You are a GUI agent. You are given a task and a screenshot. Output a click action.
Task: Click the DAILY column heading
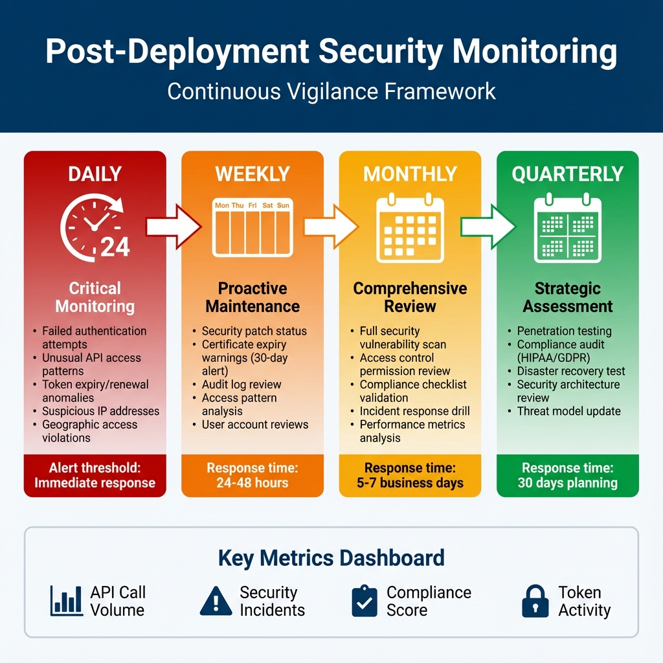[95, 174]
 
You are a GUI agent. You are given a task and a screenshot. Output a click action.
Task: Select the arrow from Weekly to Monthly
[331, 227]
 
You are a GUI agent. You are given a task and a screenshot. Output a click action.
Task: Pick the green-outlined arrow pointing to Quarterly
[488, 227]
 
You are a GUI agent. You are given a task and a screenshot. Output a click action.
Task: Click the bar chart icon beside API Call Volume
[66, 601]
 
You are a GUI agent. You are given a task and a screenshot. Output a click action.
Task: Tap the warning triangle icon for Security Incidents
[216, 601]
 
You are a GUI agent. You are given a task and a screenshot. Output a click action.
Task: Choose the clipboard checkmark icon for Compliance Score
[364, 601]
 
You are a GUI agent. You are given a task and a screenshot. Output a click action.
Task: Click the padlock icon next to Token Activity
[535, 601]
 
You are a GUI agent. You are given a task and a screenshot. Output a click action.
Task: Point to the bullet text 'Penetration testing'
[564, 331]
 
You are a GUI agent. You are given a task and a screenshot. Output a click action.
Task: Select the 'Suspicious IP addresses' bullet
[100, 411]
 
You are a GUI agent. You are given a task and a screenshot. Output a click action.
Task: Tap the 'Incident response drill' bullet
[414, 411]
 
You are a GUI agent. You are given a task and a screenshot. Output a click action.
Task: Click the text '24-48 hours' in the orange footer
[253, 483]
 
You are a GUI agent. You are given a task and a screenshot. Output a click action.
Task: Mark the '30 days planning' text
[567, 483]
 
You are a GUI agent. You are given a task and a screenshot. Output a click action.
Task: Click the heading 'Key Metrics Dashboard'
[331, 557]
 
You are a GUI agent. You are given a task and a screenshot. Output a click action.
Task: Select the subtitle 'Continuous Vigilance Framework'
[331, 91]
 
